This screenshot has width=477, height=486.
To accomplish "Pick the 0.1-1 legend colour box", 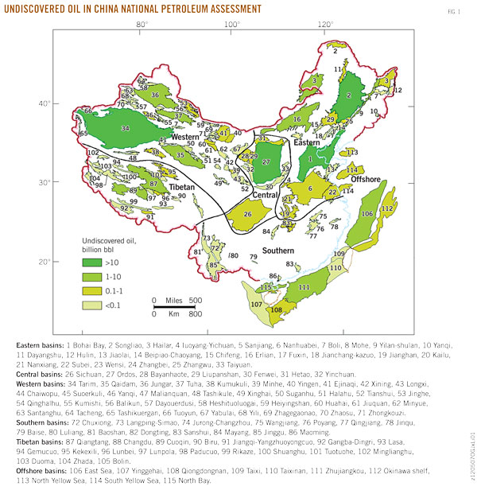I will tap(95, 287).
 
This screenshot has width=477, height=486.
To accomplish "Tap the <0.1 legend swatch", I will tap(95, 301).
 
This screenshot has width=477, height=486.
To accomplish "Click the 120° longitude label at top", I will tap(326, 25).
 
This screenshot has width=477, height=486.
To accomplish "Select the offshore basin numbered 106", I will tap(366, 214).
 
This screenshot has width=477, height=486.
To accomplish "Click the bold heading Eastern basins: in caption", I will tap(45, 345).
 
